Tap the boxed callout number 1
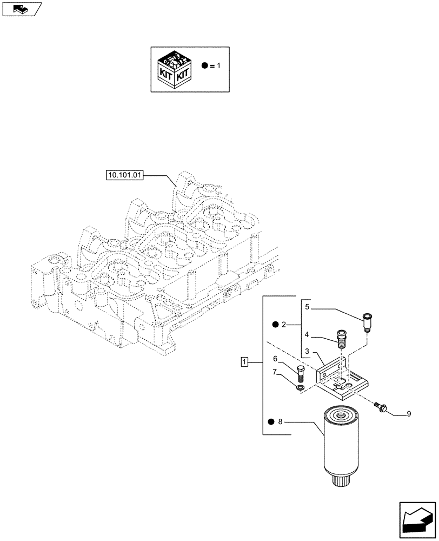coord(245,362)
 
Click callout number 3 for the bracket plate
coord(307,352)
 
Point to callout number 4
coord(307,335)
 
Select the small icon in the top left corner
coord(21,9)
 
